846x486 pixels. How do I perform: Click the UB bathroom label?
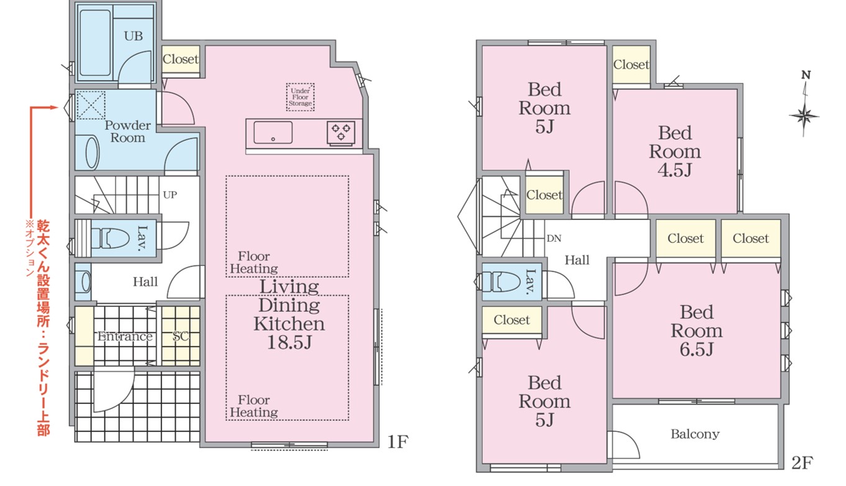(x=134, y=36)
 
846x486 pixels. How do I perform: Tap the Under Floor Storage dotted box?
(x=300, y=97)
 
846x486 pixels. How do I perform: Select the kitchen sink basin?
(x=273, y=132)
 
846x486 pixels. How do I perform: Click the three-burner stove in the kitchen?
(x=341, y=132)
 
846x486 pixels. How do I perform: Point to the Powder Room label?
(x=128, y=131)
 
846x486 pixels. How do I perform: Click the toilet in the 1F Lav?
(x=111, y=238)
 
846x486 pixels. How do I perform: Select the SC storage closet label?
(x=180, y=336)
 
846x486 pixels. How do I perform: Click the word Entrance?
(x=125, y=336)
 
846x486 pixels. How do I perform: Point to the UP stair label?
(x=170, y=195)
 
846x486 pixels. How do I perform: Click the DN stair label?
(x=554, y=239)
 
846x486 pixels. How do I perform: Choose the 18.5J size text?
(x=289, y=342)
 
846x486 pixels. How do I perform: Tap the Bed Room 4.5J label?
(x=675, y=151)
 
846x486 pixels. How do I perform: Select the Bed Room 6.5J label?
(x=696, y=331)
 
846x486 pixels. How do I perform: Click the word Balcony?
(x=695, y=434)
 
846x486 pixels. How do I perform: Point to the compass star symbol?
(x=804, y=116)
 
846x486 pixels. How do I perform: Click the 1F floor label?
(x=398, y=441)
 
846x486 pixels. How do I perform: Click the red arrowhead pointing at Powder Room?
(x=55, y=108)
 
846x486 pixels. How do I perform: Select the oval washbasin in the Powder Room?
(x=92, y=153)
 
